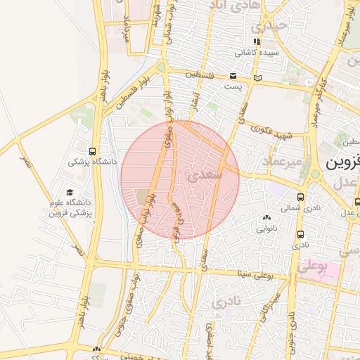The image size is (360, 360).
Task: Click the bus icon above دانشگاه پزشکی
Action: click(x=92, y=150)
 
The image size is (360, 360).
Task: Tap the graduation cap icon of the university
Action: click(x=70, y=192)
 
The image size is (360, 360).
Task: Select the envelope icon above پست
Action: click(x=233, y=76)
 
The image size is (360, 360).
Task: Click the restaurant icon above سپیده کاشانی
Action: click(x=257, y=41)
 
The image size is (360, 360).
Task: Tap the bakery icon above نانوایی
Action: click(x=266, y=218)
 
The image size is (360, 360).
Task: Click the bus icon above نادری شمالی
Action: click(x=301, y=198)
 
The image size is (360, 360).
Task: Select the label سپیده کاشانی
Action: click(x=257, y=52)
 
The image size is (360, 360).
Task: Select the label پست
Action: click(x=233, y=86)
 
